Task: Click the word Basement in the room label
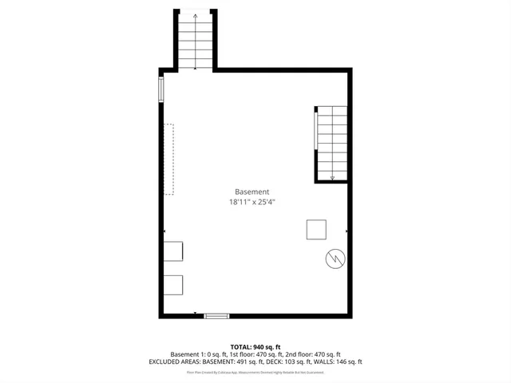252,191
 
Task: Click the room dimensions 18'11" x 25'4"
252,203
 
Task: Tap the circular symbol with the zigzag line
335,259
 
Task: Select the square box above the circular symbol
316,229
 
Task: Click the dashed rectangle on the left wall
169,159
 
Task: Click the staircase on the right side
331,144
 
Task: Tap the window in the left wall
162,89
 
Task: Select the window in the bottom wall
216,317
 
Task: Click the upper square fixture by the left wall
174,251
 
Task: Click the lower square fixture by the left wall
174,285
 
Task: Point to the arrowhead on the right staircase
333,178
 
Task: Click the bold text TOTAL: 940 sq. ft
255,346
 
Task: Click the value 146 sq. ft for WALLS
349,361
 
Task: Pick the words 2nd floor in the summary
300,353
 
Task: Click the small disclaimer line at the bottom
255,372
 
